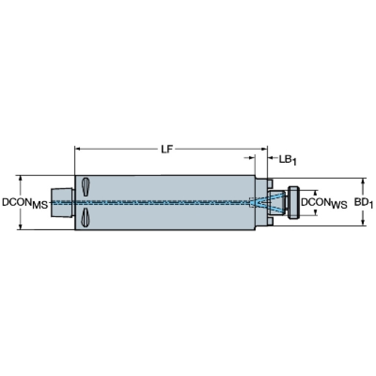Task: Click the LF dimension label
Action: pos(167,150)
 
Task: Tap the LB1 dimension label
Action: pos(288,160)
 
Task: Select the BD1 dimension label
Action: pos(364,203)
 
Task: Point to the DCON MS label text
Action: pos(25,203)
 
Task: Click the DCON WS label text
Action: pos(324,203)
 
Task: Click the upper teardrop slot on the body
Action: pos(86,187)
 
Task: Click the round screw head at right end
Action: pos(294,202)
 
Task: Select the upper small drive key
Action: pos(270,183)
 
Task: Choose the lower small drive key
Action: pos(270,221)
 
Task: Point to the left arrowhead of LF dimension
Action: pos(77,149)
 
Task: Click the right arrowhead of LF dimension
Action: pos(265,149)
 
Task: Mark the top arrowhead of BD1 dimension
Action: pos(363,181)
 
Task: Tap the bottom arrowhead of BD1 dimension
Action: pos(363,223)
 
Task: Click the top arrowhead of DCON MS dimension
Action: pos(21,178)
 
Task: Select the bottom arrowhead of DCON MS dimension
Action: pos(21,227)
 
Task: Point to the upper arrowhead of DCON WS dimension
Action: pos(316,193)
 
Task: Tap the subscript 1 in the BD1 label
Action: pos(371,206)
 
